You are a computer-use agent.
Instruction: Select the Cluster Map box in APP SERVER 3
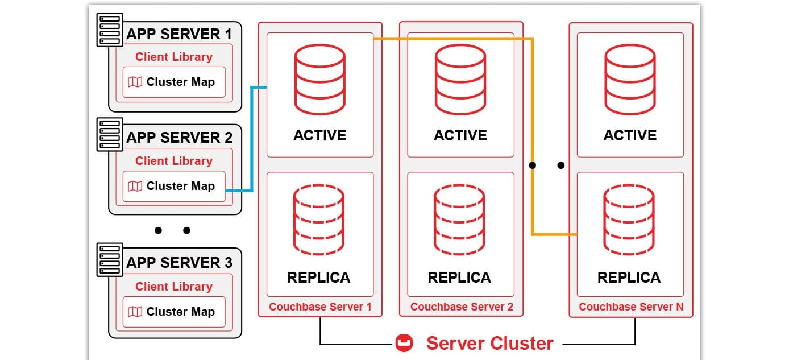[173, 312]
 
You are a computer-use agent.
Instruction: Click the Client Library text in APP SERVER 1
[173, 57]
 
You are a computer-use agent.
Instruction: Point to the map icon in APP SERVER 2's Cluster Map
[135, 186]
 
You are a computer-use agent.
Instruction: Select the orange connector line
[532, 136]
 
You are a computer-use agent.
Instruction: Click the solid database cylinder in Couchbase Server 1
[319, 80]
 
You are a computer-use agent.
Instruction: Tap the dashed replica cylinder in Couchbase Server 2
[459, 220]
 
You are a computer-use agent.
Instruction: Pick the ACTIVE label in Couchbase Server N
[630, 135]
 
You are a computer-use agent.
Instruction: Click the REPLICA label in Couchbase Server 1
[318, 278]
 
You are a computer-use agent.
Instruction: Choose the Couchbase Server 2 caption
[462, 307]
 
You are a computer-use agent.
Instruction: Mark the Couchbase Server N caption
[631, 307]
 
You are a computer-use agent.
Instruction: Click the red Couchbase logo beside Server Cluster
[404, 344]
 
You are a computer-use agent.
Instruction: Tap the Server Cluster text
[489, 344]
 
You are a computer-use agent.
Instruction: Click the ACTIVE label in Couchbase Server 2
[460, 135]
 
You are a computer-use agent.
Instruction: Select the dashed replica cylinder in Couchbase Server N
[629, 220]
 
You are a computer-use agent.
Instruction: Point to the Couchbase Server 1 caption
[320, 307]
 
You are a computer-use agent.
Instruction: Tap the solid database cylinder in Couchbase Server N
[630, 80]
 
